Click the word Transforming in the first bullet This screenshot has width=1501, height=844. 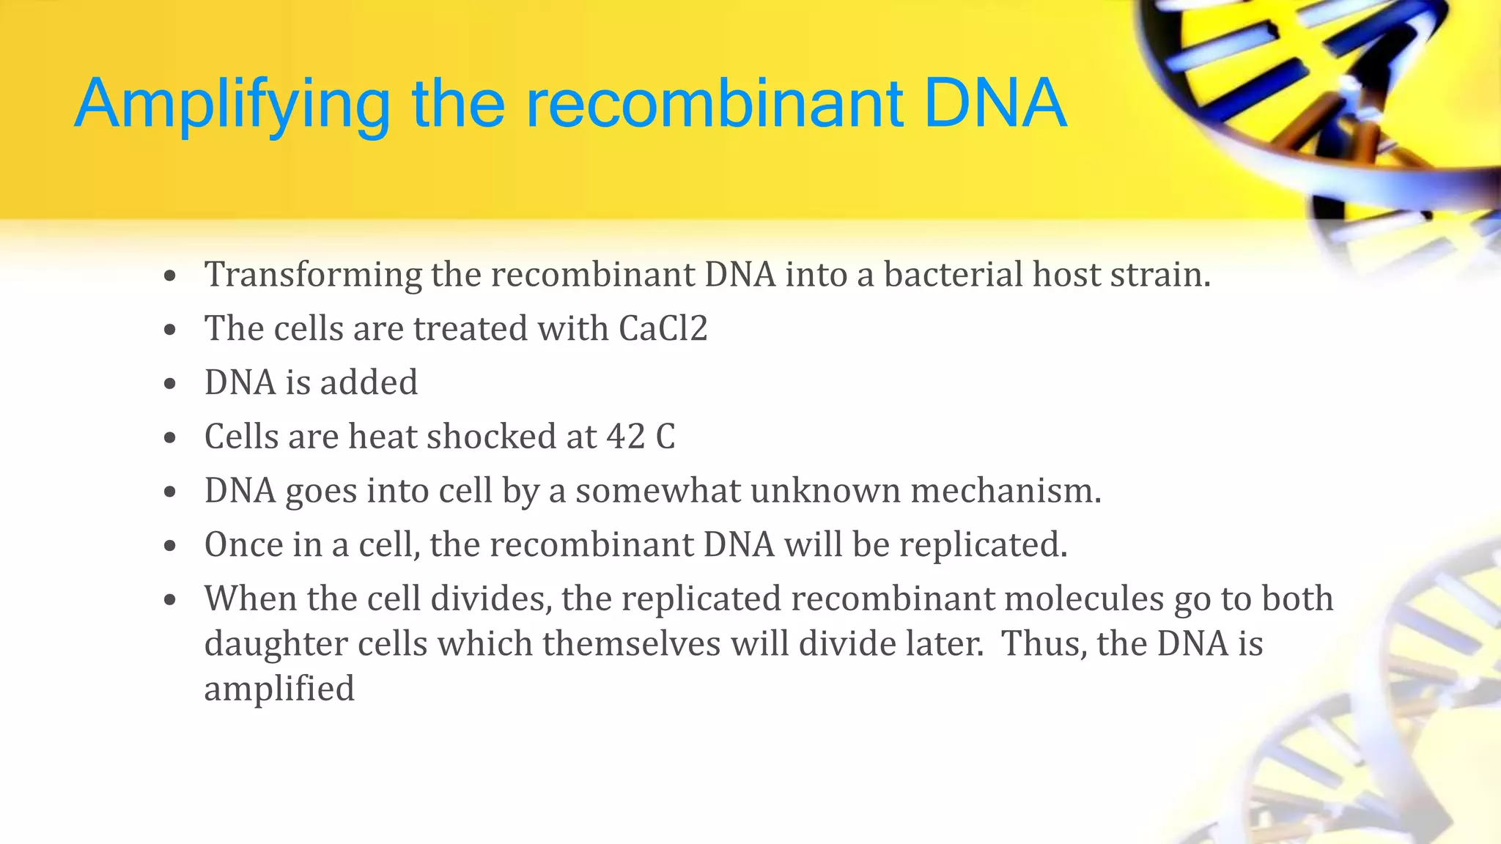(x=313, y=275)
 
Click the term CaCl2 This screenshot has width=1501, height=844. (x=663, y=328)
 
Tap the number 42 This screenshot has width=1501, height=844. (x=625, y=437)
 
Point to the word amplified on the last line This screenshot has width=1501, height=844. (x=279, y=689)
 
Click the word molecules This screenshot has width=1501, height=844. (x=1083, y=599)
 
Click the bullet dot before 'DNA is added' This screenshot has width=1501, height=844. (x=170, y=383)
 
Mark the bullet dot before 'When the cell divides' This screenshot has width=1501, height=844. (x=170, y=600)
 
